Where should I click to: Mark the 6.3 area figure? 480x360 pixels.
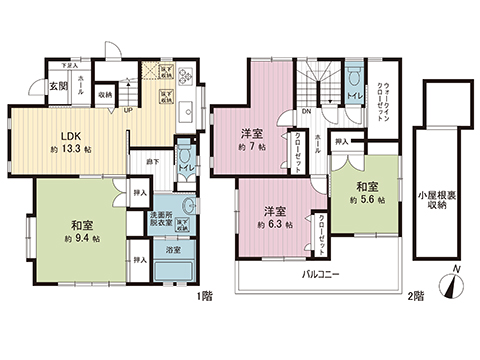[x=275, y=226]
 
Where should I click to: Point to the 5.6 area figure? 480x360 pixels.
[x=367, y=199]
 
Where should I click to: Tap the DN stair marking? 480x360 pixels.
[x=307, y=111]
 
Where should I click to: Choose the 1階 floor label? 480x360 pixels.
[x=205, y=295]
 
